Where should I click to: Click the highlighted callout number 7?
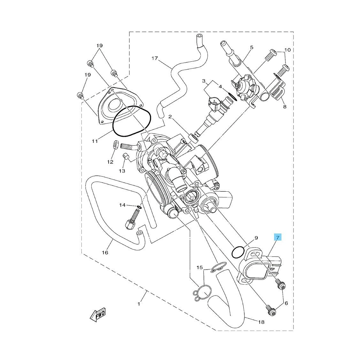[278, 238]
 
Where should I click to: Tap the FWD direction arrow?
[98, 314]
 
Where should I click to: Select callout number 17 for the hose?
[155, 58]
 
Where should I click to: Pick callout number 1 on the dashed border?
[139, 304]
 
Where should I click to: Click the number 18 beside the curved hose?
[261, 322]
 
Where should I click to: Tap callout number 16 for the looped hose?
[105, 253]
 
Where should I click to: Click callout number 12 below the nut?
[110, 162]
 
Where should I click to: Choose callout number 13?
[122, 171]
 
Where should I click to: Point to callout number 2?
[170, 117]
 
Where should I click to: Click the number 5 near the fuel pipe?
[252, 48]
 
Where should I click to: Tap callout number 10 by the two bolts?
[287, 50]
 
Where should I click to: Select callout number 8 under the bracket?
[285, 107]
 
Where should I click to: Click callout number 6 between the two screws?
[286, 303]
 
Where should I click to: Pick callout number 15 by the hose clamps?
[200, 267]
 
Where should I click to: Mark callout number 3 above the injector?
[204, 81]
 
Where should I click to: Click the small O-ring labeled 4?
[232, 96]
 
